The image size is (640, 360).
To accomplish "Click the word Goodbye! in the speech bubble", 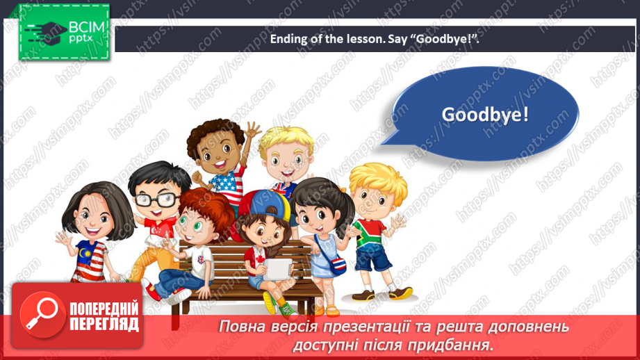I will [485, 114].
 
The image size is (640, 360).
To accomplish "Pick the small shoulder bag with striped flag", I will [338, 264].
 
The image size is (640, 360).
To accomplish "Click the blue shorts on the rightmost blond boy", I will [372, 259].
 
